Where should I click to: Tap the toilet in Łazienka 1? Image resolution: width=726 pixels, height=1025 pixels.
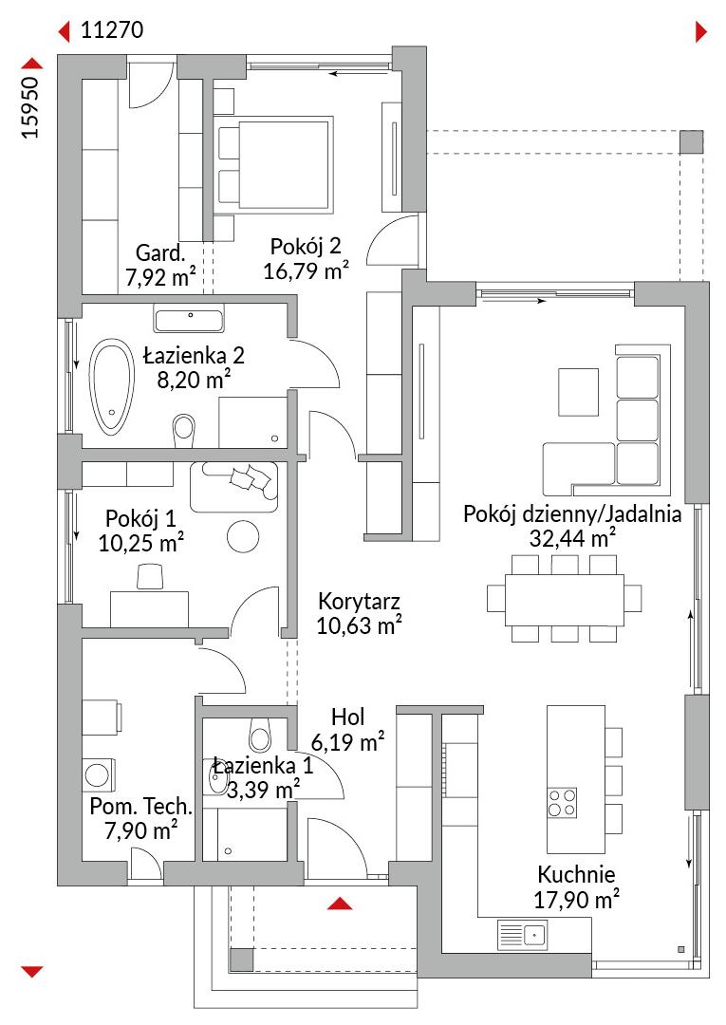point(259,736)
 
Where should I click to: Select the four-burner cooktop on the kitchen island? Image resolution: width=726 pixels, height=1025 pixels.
point(562,803)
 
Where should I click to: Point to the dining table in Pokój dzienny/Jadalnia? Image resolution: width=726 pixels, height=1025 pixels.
point(564,600)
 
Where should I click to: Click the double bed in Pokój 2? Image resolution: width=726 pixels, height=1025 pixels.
point(273,164)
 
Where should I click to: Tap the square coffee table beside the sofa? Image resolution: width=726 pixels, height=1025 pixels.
point(578,392)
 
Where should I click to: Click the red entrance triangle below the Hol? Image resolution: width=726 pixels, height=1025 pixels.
point(340,904)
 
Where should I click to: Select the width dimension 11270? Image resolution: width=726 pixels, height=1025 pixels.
point(112,30)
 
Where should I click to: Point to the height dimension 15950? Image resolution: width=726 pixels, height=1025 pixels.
point(30,107)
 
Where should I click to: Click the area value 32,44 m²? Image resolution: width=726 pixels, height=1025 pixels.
point(572,538)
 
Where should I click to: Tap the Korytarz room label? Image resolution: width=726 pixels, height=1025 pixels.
point(359,601)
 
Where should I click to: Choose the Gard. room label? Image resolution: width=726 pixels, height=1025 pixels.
point(160,252)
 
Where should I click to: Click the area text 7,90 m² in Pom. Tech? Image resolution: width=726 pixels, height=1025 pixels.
point(141,830)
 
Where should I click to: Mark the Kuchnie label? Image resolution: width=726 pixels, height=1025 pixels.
point(576,874)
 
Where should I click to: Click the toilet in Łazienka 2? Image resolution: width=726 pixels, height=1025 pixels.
point(184,429)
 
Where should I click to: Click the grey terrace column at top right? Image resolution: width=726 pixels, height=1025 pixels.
point(692,141)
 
